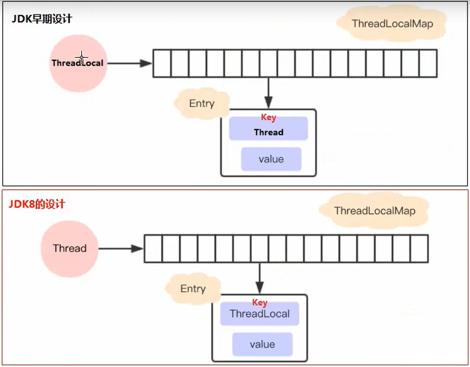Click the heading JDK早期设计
[x=42, y=19]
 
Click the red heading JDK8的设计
[x=37, y=204]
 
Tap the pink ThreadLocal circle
[x=78, y=63]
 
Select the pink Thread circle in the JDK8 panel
[x=70, y=249]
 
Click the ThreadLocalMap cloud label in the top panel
[x=392, y=24]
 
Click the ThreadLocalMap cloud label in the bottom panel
[x=374, y=211]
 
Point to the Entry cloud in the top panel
[x=202, y=104]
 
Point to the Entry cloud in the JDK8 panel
[x=193, y=289]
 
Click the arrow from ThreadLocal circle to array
[x=130, y=63]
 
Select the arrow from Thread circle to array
[x=121, y=249]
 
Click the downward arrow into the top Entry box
[x=269, y=93]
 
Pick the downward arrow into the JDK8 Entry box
[x=260, y=278]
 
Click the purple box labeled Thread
[x=269, y=129]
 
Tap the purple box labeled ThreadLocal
[x=260, y=314]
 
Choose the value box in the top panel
[x=271, y=159]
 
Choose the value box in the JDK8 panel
[x=262, y=344]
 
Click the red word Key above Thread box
[x=268, y=117]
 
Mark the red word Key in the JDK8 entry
[x=260, y=302]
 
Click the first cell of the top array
[x=162, y=64]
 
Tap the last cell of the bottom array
[x=419, y=249]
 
